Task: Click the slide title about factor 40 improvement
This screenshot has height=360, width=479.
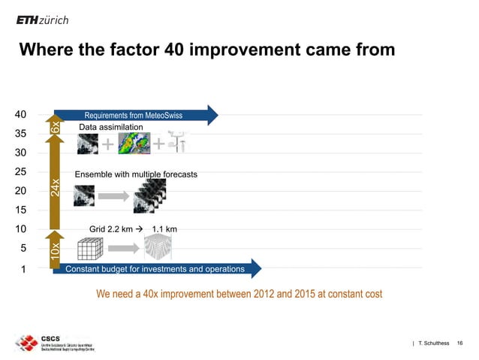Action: pyautogui.click(x=206, y=50)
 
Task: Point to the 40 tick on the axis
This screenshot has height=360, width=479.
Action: pyautogui.click(x=22, y=115)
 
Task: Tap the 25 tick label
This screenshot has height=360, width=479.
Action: pyautogui.click(x=22, y=172)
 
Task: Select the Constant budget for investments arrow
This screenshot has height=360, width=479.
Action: pyautogui.click(x=158, y=268)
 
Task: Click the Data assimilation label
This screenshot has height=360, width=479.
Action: pyautogui.click(x=110, y=129)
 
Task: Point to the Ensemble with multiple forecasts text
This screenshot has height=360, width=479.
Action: pyautogui.click(x=136, y=174)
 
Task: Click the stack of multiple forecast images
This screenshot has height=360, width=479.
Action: pyautogui.click(x=149, y=196)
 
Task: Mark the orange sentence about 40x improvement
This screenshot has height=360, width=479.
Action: pyautogui.click(x=239, y=293)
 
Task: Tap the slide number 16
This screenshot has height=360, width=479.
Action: pyautogui.click(x=459, y=343)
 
